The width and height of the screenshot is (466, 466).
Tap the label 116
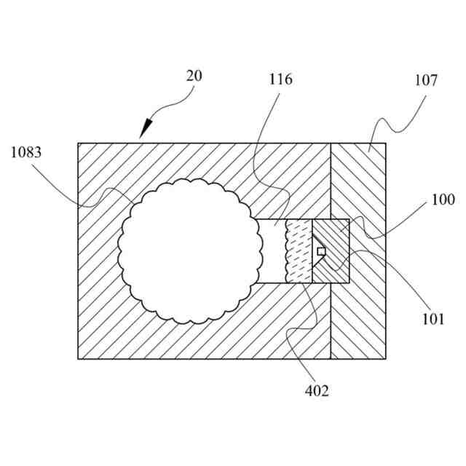coord(280,79)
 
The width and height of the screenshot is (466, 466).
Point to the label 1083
coord(26,153)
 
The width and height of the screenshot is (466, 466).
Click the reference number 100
coord(443,199)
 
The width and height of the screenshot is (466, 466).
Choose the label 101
coord(432,318)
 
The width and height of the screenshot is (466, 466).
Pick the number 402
coord(317,391)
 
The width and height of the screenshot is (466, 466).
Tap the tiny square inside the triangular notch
coord(321,251)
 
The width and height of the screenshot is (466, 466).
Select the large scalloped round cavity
coord(191,250)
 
